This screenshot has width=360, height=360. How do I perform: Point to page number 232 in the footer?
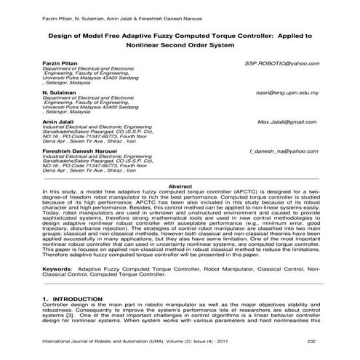(x=311, y=342)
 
